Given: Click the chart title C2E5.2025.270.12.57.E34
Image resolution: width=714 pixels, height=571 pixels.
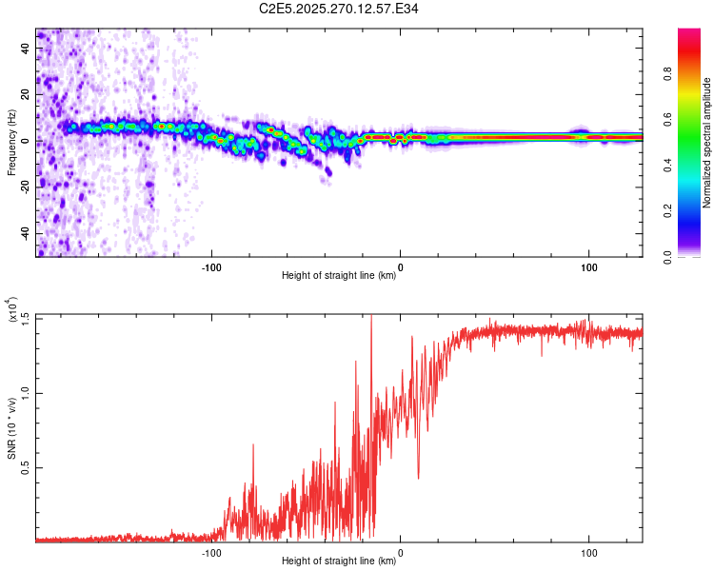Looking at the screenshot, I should [x=339, y=10].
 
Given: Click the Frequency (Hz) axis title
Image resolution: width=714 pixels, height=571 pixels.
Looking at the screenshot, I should [x=11, y=143].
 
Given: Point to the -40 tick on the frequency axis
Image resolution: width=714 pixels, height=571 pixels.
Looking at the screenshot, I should [x=25, y=233].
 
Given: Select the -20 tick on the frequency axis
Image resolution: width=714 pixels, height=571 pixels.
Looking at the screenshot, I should [x=25, y=187].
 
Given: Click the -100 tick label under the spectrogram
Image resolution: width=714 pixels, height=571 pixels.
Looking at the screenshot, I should [x=211, y=267].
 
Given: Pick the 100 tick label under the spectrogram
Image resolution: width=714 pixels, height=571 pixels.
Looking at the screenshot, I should [x=588, y=267].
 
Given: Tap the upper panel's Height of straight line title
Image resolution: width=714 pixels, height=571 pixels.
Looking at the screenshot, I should [x=339, y=277].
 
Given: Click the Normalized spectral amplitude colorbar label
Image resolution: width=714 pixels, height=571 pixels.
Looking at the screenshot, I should [x=707, y=143].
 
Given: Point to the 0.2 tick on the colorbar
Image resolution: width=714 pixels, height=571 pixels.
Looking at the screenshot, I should [x=669, y=210].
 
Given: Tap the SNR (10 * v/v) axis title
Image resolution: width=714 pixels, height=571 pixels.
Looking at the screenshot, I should [x=11, y=428].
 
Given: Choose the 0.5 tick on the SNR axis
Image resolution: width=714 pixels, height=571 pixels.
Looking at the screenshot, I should [x=25, y=467].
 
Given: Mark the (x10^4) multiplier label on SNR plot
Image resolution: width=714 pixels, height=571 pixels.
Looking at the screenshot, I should [x=10, y=310].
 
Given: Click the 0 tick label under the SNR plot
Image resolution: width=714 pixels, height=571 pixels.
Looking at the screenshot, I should [x=400, y=553].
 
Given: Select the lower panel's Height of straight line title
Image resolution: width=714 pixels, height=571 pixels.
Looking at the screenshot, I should [x=339, y=561].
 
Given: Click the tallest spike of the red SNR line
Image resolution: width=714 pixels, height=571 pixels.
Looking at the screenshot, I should [x=371, y=316].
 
